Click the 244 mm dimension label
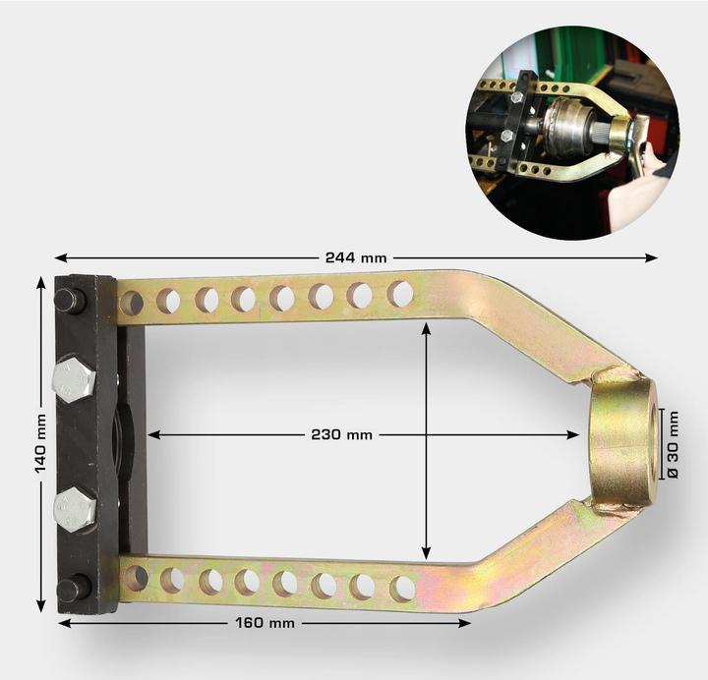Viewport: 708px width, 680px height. pos(355,257)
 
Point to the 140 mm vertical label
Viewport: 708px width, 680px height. pos(40,445)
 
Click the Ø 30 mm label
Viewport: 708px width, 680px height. pos(673,444)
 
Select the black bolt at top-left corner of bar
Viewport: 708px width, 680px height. pos(69,299)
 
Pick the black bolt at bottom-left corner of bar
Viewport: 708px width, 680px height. pos(71,589)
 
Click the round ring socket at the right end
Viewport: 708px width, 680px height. pos(621,440)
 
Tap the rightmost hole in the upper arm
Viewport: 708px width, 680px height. pos(399,293)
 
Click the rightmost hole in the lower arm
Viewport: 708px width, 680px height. pos(401,588)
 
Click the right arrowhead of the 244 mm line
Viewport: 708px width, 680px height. pos(653,257)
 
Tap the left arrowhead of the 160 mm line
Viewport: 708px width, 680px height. pos(62,623)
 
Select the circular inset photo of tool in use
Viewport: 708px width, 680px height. pos(572,133)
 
